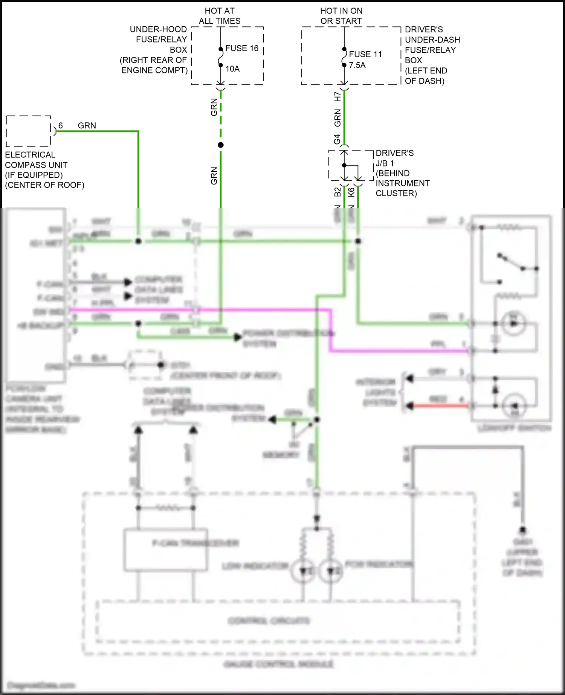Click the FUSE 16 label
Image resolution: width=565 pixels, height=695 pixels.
click(242, 48)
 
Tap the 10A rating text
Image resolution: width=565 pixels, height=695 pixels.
click(232, 69)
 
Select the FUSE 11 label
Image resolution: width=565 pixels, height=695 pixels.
click(365, 54)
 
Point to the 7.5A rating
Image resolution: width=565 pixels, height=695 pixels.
click(357, 65)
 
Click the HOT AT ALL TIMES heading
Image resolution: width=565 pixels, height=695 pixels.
click(220, 16)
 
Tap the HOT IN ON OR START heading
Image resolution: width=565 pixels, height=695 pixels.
click(341, 16)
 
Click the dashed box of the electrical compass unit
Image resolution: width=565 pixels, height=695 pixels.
click(29, 131)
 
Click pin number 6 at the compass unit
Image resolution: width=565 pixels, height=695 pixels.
click(61, 125)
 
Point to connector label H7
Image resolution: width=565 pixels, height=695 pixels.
click(337, 96)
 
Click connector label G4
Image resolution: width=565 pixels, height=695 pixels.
click(337, 139)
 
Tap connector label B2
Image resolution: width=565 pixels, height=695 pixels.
click(337, 192)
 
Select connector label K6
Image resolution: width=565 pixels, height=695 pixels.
click(351, 192)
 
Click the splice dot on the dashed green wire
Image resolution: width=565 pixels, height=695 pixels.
click(221, 145)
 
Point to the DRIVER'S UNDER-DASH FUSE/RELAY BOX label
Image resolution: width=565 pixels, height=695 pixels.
click(431, 55)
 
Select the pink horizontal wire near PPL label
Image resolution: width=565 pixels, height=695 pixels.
click(399, 351)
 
